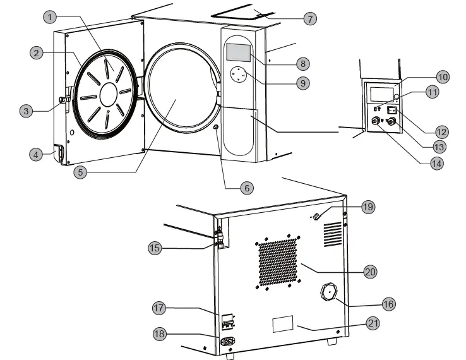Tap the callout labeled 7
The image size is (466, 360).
click(309, 18)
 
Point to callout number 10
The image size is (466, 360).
click(442, 76)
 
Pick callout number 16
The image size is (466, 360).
click(388, 304)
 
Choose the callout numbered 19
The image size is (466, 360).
click(368, 207)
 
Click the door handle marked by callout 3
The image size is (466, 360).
click(64, 101)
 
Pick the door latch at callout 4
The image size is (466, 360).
click(59, 153)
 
